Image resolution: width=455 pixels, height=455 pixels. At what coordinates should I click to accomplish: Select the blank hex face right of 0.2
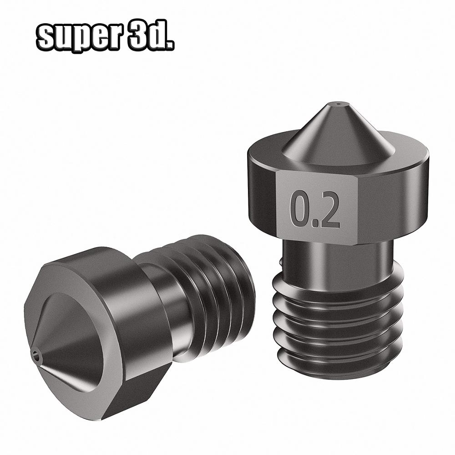391,200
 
